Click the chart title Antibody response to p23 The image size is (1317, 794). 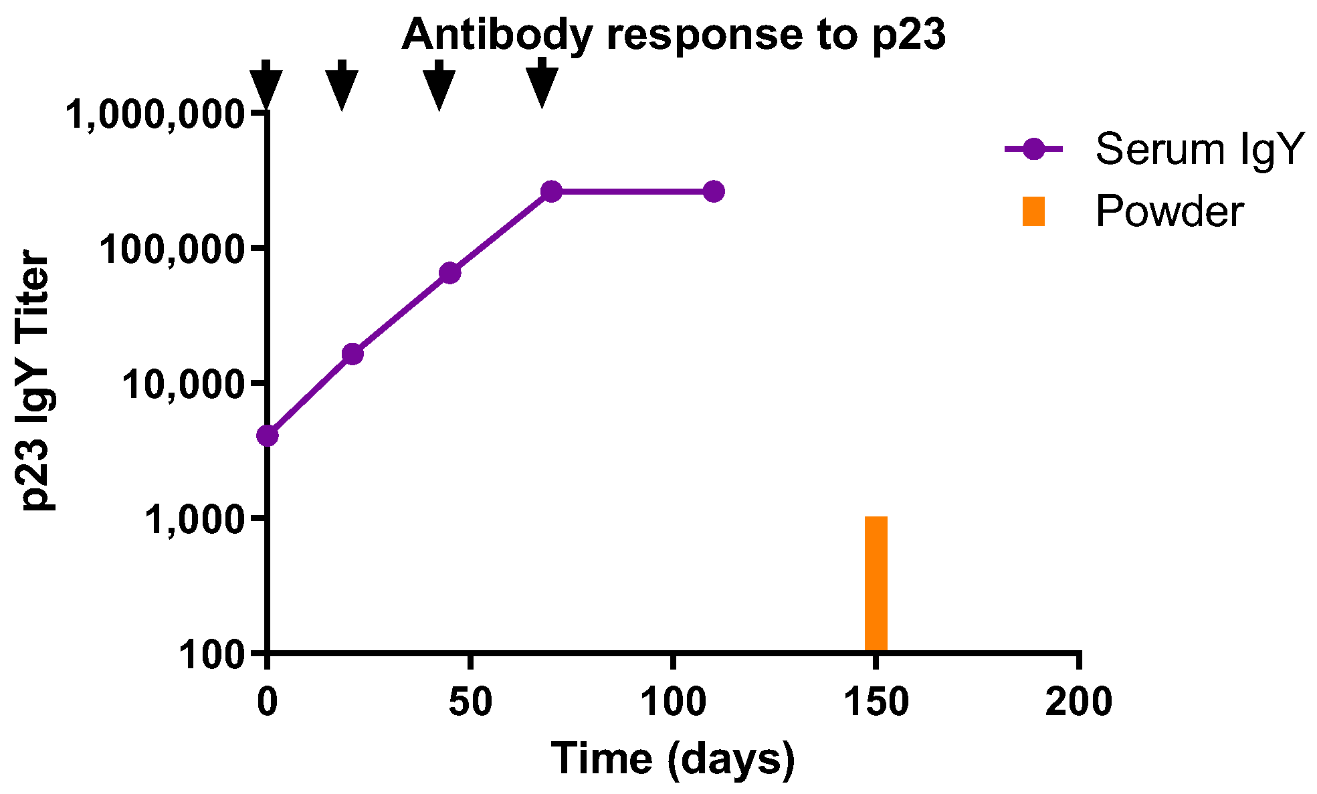coord(673,35)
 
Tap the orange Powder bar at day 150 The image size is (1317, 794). coord(876,583)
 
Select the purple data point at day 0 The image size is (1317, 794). coord(267,435)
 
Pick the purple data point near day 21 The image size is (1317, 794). coord(352,354)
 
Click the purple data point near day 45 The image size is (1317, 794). coord(450,272)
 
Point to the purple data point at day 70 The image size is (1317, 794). coord(551,191)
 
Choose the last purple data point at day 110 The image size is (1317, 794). coord(714,191)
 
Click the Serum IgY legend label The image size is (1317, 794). coord(1200,148)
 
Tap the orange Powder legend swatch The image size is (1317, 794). coord(1033,211)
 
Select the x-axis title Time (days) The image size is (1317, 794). coord(673,759)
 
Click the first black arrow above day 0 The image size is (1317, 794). coord(266,86)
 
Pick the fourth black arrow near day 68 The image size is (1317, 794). coord(542,84)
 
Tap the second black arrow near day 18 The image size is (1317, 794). coord(342,86)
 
